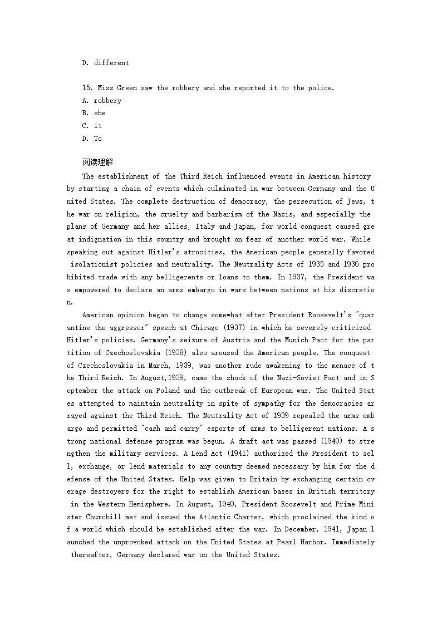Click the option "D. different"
[105, 63]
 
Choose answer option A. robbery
[101, 101]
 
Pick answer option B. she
[94, 113]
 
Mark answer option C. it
[92, 126]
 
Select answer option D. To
[92, 139]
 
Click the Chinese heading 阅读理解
[97, 163]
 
